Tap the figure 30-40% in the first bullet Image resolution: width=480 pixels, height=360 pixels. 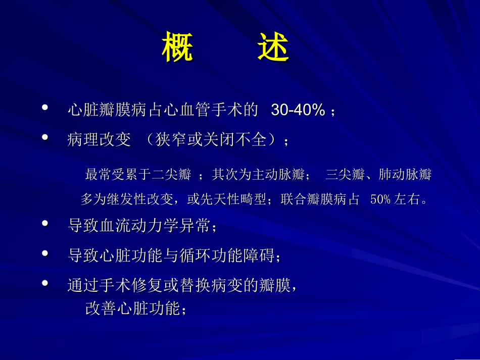(298, 110)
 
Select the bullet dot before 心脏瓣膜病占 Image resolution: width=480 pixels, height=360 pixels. (45, 108)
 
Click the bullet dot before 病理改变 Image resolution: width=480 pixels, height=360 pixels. (45, 137)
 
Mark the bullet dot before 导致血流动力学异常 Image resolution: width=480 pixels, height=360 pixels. (45, 224)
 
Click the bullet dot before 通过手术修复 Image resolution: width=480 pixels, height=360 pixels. (45, 283)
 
